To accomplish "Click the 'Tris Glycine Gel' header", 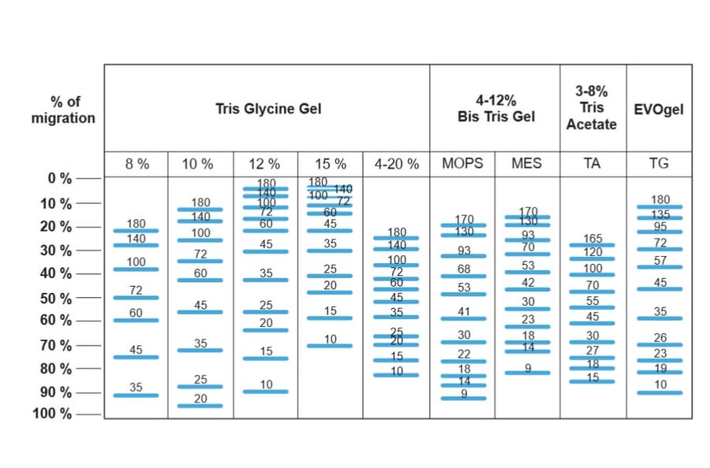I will (268, 109).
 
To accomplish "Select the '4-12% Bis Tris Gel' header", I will (495, 109).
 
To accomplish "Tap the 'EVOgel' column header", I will (659, 109).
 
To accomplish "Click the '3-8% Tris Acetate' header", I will (592, 108).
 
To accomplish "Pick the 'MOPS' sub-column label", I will (462, 164).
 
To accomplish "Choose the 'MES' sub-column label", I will (527, 164).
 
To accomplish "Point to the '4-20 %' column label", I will (397, 164).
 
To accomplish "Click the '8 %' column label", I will (136, 164).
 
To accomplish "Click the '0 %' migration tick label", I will (61, 178).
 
